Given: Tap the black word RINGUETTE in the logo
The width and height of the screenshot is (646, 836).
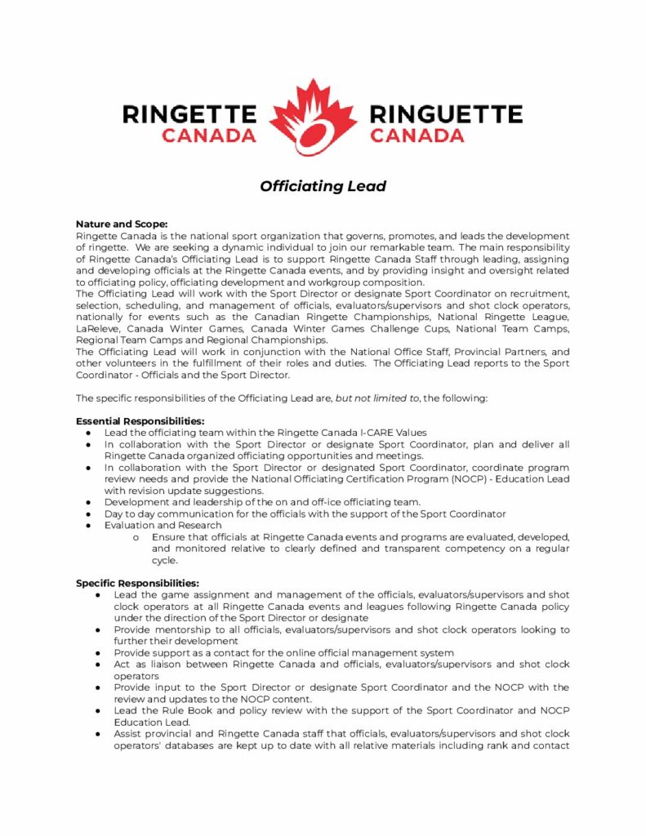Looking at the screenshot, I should tap(446, 113).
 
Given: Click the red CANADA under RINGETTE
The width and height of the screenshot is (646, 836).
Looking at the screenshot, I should tap(208, 136).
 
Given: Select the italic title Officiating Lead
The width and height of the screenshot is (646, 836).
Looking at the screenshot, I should tap(323, 186).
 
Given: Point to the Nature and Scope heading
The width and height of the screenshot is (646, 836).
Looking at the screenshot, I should tap(122, 224).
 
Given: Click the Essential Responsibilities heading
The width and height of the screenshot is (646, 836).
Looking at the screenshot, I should tap(140, 421).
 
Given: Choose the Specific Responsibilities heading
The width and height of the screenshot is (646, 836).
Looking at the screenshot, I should tap(137, 583).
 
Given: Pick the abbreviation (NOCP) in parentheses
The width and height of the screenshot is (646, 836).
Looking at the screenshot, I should tap(471, 478).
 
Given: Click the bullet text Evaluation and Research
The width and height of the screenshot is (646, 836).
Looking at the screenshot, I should tap(163, 525).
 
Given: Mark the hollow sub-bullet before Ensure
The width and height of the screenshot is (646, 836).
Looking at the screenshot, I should tap(134, 537).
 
